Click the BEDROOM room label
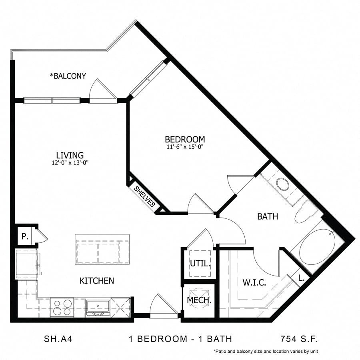tap(185, 139)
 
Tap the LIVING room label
tap(70, 155)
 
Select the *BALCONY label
tap(68, 76)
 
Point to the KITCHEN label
tap(97, 281)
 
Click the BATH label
tap(268, 217)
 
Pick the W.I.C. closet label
tap(254, 283)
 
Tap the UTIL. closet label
tap(200, 264)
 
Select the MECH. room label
tap(199, 300)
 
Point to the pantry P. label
tap(24, 236)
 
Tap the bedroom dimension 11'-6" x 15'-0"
tap(185, 146)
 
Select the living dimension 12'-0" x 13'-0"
tap(70, 162)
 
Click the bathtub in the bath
tap(316, 248)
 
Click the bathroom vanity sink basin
tap(284, 185)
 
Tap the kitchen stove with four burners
tap(62, 307)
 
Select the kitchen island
tap(102, 249)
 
